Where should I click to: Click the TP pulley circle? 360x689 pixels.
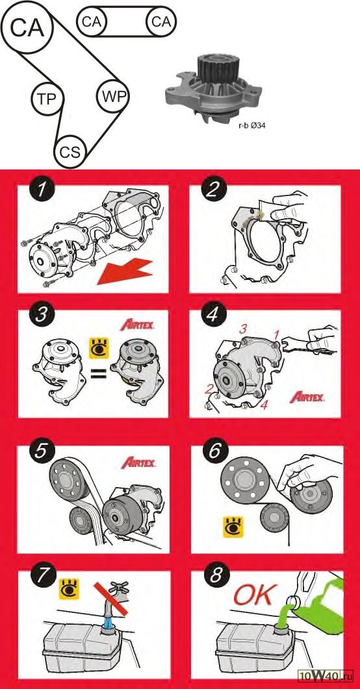coord(47,99)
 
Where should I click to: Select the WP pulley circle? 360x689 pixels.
coord(114,96)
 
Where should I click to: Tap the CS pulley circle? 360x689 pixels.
coord(70,152)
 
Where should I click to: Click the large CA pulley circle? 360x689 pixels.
coord(27,27)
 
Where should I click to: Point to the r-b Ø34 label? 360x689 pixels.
coord(252,125)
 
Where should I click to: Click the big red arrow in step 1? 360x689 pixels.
coord(125,271)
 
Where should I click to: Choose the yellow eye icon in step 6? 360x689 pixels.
coord(233,527)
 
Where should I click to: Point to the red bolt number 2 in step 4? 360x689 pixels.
coord(210,388)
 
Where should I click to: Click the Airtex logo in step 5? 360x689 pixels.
coord(139,463)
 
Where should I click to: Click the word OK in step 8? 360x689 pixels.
coord(255,595)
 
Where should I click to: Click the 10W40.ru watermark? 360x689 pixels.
coord(326,675)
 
